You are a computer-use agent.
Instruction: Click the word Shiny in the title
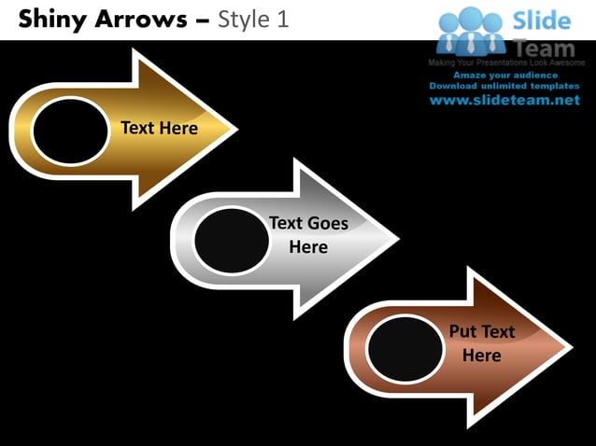click(51, 19)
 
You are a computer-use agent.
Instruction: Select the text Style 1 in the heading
click(252, 19)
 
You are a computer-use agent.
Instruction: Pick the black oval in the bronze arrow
click(404, 350)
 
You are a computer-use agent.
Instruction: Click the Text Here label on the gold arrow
click(159, 128)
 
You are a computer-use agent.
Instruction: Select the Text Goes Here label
click(308, 235)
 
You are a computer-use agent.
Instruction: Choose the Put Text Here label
click(482, 343)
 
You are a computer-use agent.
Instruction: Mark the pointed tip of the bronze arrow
click(572, 348)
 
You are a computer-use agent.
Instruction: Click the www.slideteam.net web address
click(504, 101)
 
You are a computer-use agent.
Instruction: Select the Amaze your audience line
click(505, 75)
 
